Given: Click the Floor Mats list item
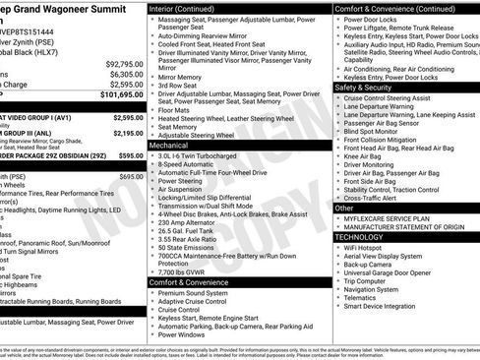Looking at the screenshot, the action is pos(173,110).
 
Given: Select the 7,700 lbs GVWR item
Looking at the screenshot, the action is pos(183,271).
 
